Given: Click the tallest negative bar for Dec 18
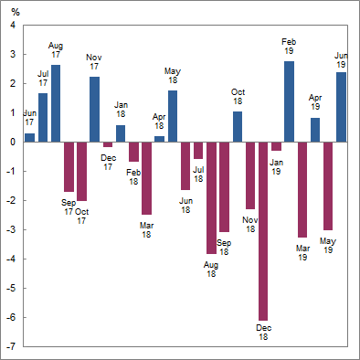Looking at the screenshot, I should pyautogui.click(x=263, y=230).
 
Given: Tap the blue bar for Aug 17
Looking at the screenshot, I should pyautogui.click(x=56, y=103).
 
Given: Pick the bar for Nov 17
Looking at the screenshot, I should pyautogui.click(x=94, y=109).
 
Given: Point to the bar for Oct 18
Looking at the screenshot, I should pyautogui.click(x=238, y=126).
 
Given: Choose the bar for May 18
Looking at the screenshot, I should pyautogui.click(x=173, y=116).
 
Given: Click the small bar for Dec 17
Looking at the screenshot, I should pyautogui.click(x=108, y=144).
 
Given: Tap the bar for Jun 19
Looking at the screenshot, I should pyautogui.click(x=341, y=107).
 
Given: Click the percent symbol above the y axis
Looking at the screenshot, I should pyautogui.click(x=14, y=11).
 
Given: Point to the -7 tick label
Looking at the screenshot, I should pyautogui.click(x=11, y=346).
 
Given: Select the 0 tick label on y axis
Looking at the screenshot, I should pyautogui.click(x=13, y=142).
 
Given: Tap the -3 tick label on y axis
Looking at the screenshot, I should pyautogui.click(x=11, y=229).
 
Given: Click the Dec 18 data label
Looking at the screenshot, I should pyautogui.click(x=263, y=332).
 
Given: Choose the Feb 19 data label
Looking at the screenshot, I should pyautogui.click(x=289, y=48).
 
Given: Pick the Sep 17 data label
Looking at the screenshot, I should pyautogui.click(x=69, y=206).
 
